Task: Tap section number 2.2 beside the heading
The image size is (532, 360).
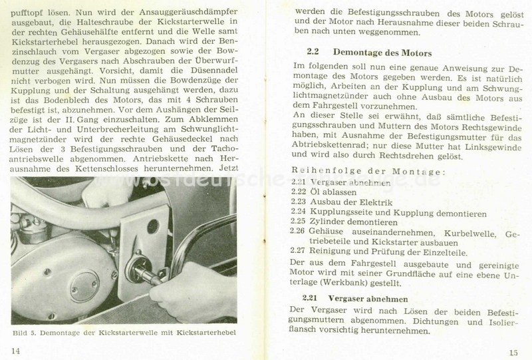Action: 313,51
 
